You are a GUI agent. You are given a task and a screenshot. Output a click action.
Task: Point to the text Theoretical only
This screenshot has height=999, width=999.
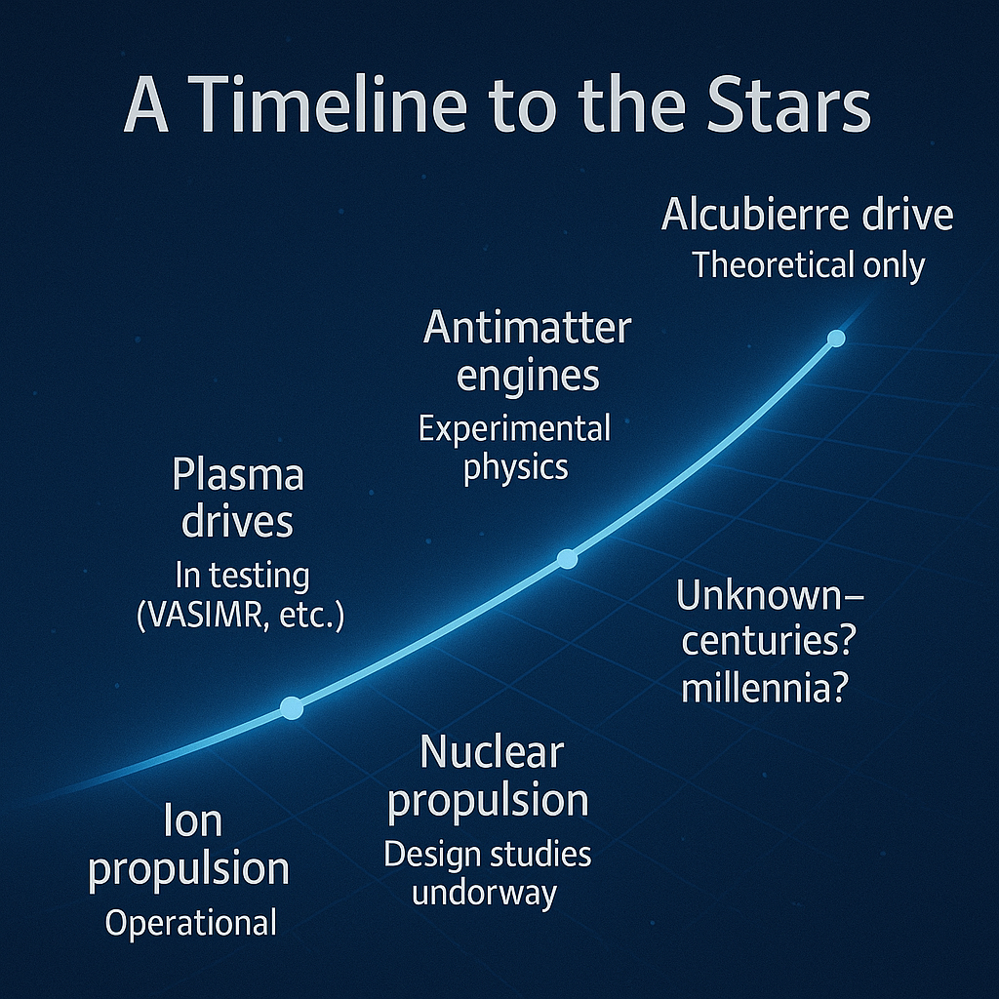[809, 265]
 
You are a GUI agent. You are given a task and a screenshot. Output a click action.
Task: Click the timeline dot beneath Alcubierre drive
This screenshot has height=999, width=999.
[836, 339]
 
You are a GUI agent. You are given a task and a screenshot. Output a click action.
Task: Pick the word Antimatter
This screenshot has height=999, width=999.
[528, 328]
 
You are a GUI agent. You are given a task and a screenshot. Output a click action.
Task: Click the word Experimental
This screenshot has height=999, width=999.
[515, 428]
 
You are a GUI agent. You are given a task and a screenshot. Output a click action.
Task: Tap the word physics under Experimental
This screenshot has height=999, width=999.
[515, 468]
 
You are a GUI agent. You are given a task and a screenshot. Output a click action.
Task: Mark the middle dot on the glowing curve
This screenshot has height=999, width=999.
[567, 559]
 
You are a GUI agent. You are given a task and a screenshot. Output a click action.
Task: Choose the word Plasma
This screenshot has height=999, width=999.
[238, 475]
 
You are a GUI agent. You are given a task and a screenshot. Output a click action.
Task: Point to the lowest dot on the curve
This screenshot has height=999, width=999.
[292, 707]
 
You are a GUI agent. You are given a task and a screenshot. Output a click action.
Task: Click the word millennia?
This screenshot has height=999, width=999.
[765, 688]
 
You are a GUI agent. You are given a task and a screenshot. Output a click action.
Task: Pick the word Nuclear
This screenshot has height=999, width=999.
[492, 752]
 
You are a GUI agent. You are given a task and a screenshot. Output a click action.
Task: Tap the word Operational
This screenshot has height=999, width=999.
[190, 923]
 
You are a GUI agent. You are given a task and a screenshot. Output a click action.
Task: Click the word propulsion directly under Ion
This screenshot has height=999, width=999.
[188, 869]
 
